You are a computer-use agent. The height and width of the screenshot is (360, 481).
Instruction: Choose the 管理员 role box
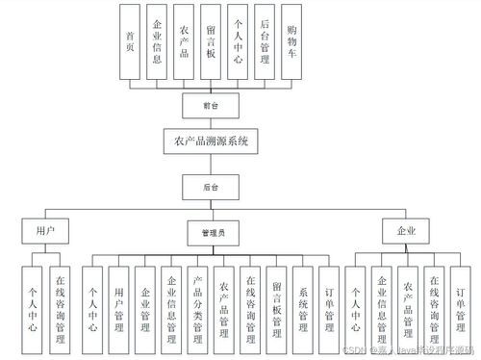coord(213,232)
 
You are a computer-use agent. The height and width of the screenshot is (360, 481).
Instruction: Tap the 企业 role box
coord(397,232)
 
